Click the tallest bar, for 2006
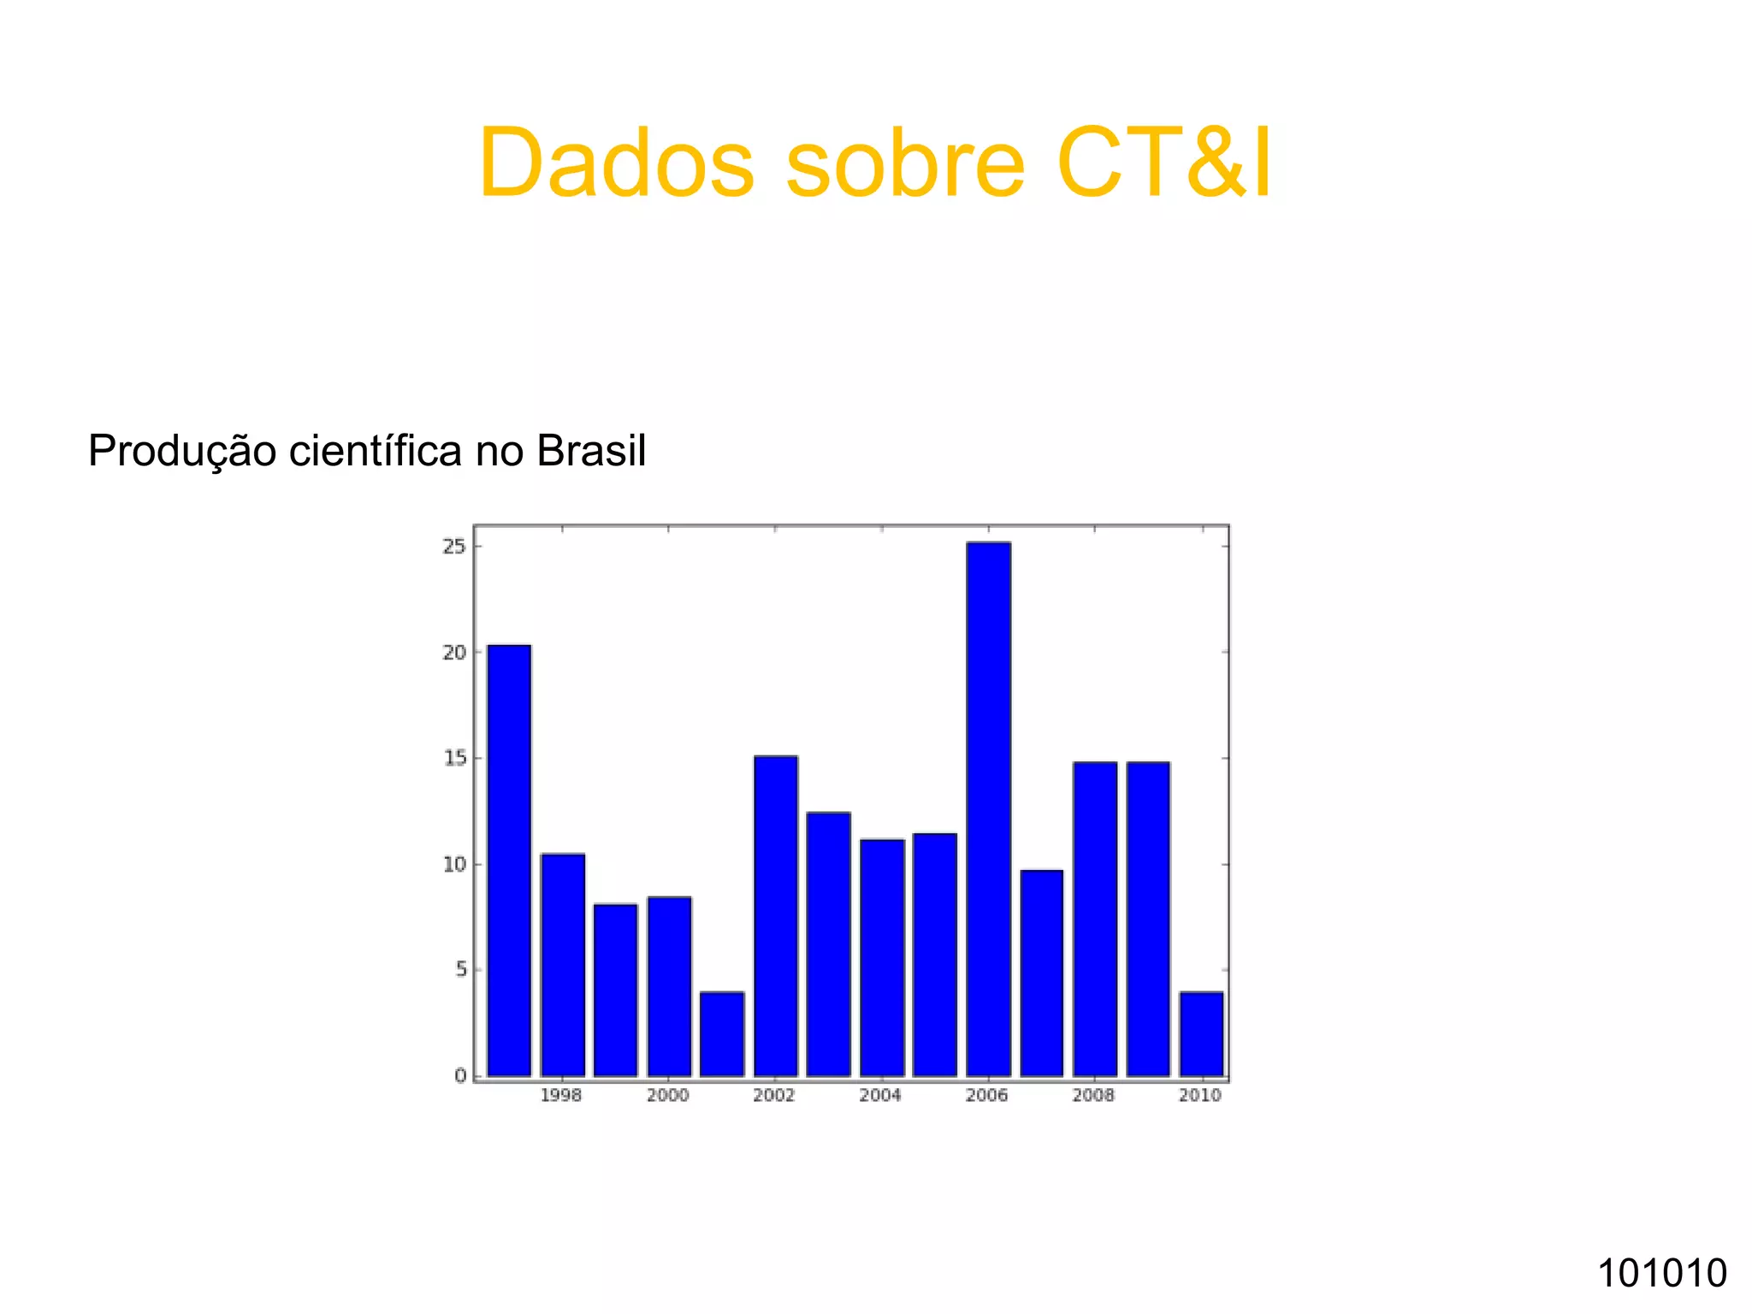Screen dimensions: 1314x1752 988,808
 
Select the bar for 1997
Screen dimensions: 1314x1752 509,860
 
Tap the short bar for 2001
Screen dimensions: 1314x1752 722,1033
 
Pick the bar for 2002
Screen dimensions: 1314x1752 776,915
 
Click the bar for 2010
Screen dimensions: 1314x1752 1201,1033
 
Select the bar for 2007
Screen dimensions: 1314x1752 1042,973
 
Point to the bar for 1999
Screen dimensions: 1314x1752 616,990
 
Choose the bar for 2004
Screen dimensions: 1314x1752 882,957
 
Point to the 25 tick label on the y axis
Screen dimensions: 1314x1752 454,546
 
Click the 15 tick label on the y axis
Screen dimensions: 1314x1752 454,758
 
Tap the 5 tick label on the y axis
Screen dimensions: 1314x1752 460,969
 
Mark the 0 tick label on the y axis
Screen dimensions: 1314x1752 460,1075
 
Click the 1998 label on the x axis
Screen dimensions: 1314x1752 561,1096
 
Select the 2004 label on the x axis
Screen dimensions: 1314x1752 880,1096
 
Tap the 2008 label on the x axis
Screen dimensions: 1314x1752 1093,1096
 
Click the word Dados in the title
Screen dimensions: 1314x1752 616,163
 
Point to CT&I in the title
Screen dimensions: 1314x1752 1164,163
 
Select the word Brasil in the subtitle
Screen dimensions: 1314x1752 591,451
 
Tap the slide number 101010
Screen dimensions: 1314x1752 1662,1273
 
